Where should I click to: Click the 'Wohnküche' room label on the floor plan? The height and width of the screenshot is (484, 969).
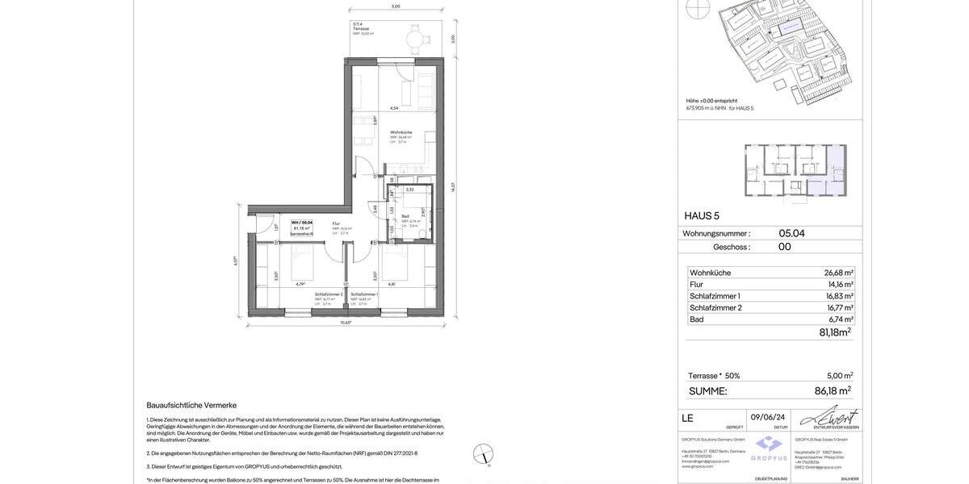pos(401,132)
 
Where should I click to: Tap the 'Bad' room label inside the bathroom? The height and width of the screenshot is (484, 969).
pos(405,216)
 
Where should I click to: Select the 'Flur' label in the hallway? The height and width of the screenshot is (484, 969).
pos(336,223)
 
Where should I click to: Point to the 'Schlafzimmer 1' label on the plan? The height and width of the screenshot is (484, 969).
pos(364,294)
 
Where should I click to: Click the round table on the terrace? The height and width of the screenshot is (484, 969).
pos(414,37)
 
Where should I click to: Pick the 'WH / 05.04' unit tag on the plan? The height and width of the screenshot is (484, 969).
pos(302,223)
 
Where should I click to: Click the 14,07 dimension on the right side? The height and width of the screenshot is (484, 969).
pos(453,187)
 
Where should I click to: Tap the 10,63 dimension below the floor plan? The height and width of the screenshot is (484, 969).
pos(346,323)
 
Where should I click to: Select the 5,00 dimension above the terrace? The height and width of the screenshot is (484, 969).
pos(396,6)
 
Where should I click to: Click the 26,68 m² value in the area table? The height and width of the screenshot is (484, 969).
pos(838,273)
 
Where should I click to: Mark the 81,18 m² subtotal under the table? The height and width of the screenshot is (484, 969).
pos(835,332)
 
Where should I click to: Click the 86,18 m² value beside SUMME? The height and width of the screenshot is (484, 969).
pos(833,391)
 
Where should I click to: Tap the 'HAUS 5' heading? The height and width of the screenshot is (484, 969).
pos(702,216)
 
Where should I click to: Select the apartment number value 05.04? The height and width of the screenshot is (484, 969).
pos(791,233)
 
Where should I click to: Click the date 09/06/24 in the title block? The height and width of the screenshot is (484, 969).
pos(768,417)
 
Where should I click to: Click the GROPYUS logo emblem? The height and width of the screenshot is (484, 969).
pos(770,444)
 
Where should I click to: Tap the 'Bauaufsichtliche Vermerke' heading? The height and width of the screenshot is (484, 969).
pos(191,405)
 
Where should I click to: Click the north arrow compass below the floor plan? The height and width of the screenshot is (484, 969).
pos(483,453)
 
